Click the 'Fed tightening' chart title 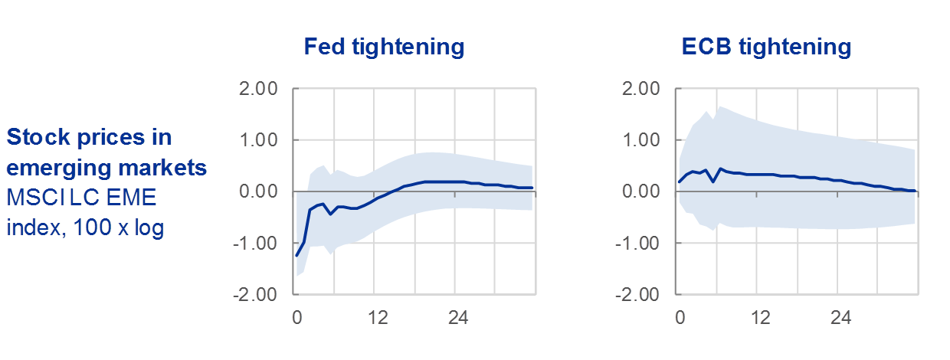[384, 47]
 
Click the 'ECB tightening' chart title [766, 47]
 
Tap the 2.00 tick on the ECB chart [638, 89]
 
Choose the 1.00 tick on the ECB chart [638, 140]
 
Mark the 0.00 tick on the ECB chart [638, 191]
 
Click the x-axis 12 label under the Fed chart [376, 317]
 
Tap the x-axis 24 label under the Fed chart [457, 317]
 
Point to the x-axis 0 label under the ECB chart [679, 317]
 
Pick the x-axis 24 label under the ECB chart [840, 317]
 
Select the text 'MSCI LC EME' [81, 198]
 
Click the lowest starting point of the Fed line [296, 256]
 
